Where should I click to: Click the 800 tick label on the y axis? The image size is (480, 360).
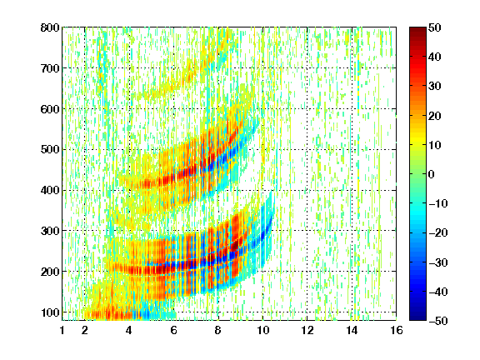coord(50,27)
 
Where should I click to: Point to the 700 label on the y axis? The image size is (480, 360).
coord(50,68)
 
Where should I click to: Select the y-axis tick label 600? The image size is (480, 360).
coord(50,109)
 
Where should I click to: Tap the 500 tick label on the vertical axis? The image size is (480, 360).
coord(50,150)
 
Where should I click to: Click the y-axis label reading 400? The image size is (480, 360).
coord(50,190)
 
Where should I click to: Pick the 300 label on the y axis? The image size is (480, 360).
coord(50,231)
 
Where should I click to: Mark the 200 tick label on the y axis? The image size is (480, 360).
coord(50,272)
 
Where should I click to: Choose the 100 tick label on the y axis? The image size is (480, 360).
coord(50,312)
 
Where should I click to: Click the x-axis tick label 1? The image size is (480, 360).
coord(62,330)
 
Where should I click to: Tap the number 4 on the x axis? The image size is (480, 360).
coord(129,330)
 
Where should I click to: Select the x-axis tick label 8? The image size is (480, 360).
coord(218,330)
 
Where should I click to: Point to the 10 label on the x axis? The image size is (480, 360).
coord(263,330)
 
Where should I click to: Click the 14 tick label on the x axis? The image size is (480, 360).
coord(352,330)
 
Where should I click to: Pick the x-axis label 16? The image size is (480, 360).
coord(397,330)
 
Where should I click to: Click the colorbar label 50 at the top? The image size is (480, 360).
coord(435,27)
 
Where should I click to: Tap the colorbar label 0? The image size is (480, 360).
coord(432,174)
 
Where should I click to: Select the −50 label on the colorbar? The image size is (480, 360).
coord(438,321)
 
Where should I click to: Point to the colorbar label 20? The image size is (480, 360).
coord(435,116)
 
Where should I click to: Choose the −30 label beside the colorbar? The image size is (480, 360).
coord(438,262)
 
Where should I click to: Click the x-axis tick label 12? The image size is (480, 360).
coord(307,330)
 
